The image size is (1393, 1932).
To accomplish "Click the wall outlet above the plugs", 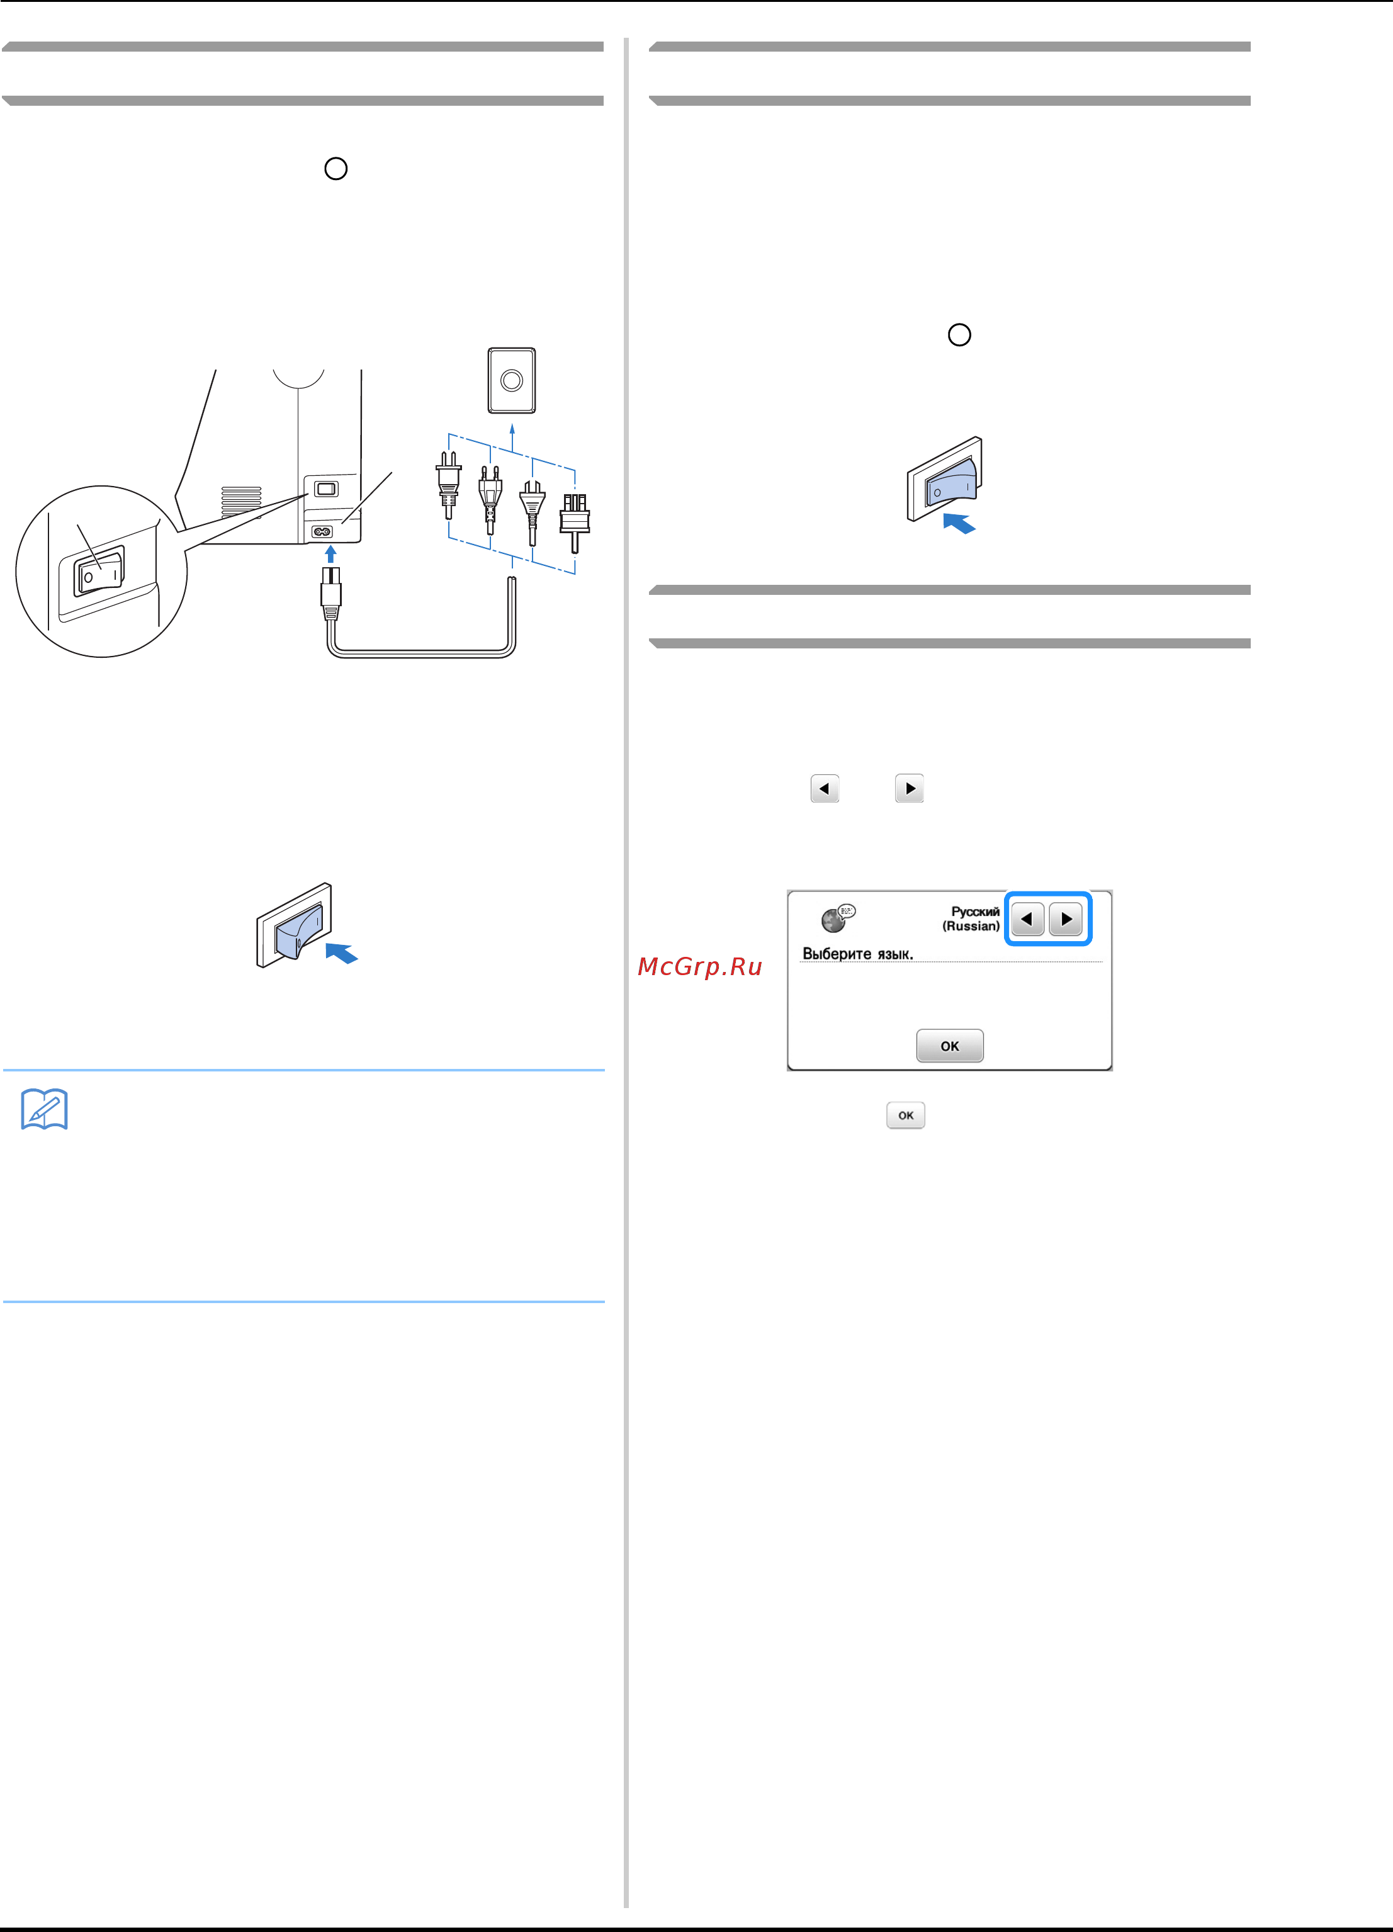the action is pyautogui.click(x=511, y=380).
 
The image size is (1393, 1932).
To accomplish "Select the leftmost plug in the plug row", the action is pyautogui.click(x=448, y=485).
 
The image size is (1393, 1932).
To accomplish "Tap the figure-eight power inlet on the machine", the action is pyautogui.click(x=322, y=531).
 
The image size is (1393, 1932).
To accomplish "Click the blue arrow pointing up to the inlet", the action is pyautogui.click(x=330, y=554).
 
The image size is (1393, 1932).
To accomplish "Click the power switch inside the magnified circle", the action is pyautogui.click(x=99, y=570).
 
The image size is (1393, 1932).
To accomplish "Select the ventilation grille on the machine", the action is pyautogui.click(x=241, y=502).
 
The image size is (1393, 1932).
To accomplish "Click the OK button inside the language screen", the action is pyautogui.click(x=949, y=1045).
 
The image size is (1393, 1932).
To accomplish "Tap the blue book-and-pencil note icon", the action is pyautogui.click(x=44, y=1109).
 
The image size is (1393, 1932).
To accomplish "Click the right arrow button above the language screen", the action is pyautogui.click(x=909, y=789).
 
